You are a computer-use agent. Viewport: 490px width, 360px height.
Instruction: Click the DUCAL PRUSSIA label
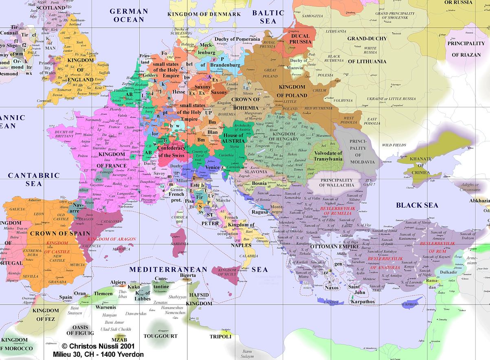click(x=300, y=39)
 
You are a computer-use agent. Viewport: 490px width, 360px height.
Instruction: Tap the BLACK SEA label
click(x=417, y=205)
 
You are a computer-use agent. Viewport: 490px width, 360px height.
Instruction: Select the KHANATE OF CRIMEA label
click(x=420, y=165)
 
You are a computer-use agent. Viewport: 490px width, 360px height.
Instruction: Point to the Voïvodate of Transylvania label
click(x=328, y=156)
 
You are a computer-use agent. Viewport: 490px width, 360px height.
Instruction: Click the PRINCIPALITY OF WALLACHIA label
click(x=336, y=182)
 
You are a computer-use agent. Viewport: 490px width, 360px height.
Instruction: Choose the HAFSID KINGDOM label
click(x=200, y=299)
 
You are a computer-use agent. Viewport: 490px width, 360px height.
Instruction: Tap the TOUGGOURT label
click(x=161, y=336)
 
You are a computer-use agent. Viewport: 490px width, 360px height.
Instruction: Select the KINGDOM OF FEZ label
click(x=46, y=315)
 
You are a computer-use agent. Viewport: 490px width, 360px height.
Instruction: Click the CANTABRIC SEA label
click(x=34, y=179)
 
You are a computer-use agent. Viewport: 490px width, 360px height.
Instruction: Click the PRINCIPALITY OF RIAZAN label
click(x=466, y=49)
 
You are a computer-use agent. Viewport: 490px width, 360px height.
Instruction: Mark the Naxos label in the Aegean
click(x=332, y=288)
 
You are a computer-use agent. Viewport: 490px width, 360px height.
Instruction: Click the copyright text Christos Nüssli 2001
click(x=98, y=346)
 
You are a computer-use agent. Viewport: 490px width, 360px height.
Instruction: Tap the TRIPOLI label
click(x=220, y=337)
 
